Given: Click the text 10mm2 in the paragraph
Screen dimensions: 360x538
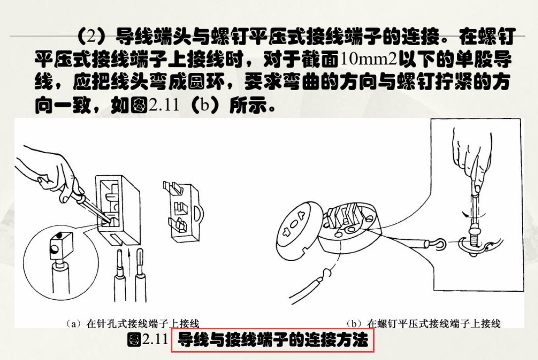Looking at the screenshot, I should tap(369, 59).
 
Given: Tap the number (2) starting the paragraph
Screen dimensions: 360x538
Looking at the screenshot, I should tap(92, 37).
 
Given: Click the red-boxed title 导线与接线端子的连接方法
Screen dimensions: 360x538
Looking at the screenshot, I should tap(272, 341).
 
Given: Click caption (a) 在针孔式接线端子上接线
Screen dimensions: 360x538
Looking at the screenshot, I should tap(133, 324).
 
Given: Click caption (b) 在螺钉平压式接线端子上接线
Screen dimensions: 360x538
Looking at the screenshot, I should tap(424, 324).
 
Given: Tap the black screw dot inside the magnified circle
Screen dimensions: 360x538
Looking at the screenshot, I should tap(59, 235).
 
